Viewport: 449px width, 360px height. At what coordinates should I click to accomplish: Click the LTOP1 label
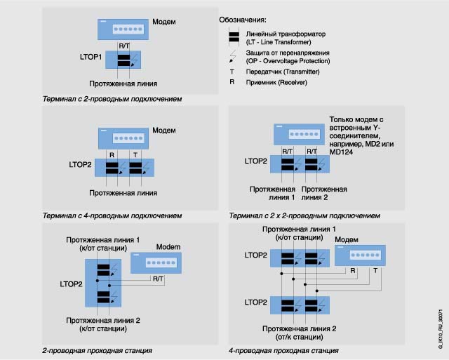coord(91,55)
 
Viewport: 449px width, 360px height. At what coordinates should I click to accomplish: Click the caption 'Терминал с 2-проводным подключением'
coord(113,99)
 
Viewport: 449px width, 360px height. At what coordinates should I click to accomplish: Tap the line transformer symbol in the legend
coord(235,36)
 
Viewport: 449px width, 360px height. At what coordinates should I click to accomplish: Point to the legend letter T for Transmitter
coord(232,72)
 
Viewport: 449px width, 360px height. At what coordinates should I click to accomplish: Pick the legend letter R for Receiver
coord(232,82)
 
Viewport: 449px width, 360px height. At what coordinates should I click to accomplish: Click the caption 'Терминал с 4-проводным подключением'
coord(113,215)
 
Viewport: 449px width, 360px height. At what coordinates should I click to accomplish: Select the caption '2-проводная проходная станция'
coord(98,350)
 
